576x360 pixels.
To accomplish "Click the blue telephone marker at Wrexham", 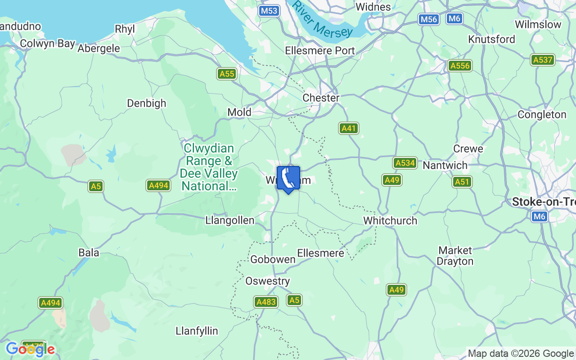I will click(288, 179).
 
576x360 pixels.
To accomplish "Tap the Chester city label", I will click(321, 98).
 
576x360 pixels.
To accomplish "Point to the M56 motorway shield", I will click(428, 19).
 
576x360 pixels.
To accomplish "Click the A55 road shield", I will click(227, 74).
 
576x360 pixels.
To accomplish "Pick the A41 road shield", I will click(349, 128).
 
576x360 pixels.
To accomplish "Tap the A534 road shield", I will click(405, 163).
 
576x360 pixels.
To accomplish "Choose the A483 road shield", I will click(265, 302).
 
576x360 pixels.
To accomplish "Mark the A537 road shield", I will click(542, 60).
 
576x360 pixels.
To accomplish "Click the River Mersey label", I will click(322, 20).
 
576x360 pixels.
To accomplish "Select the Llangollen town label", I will click(229, 220).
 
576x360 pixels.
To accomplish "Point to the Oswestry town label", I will click(267, 281).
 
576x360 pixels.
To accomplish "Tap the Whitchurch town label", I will click(390, 220).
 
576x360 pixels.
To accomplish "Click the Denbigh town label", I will click(147, 103).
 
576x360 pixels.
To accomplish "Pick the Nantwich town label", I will click(445, 165).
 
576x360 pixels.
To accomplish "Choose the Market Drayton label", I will click(455, 256).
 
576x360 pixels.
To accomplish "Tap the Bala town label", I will click(89, 252).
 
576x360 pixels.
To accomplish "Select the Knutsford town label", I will click(491, 39).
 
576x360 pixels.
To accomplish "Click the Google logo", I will click(30, 349).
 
